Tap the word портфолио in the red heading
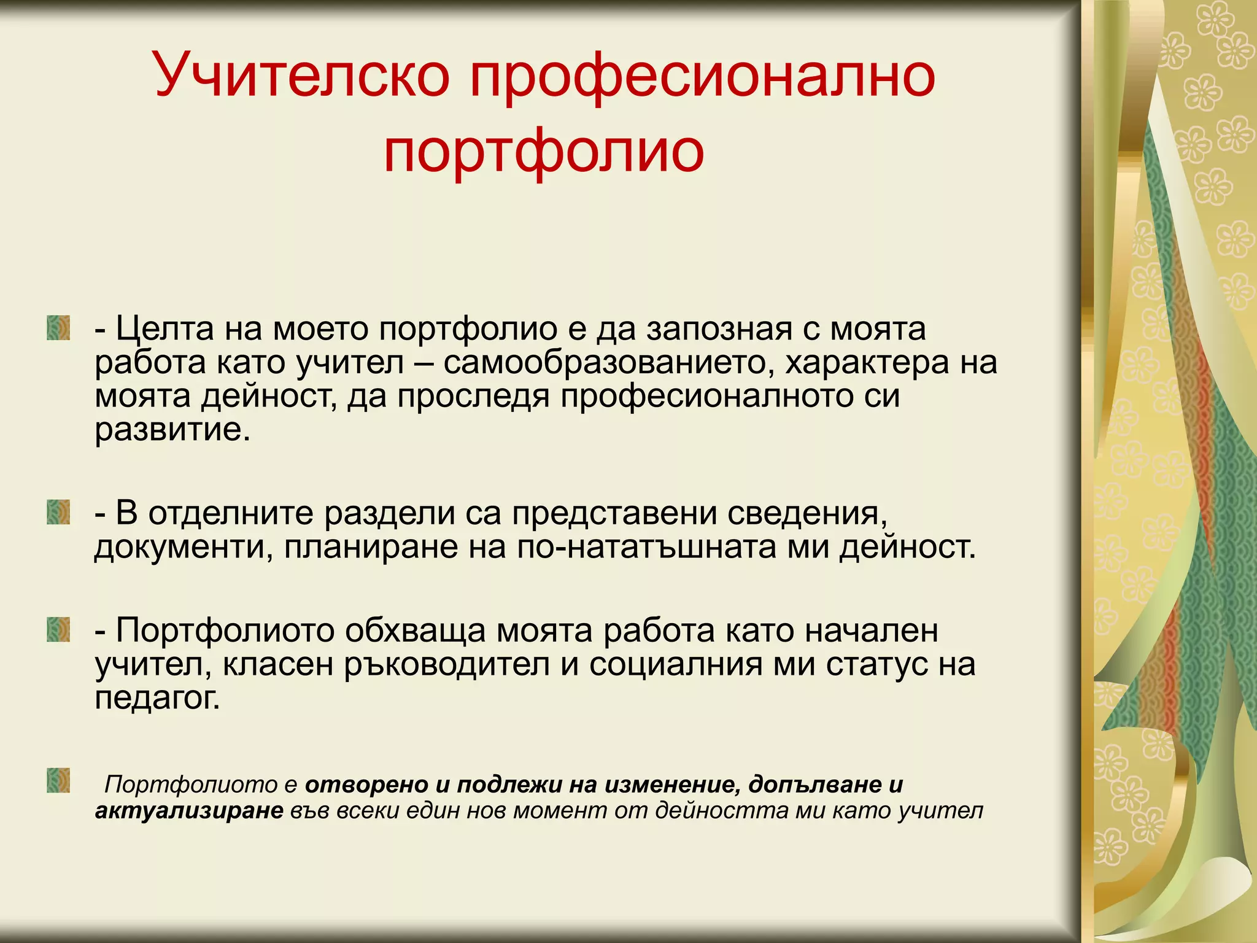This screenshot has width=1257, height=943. point(544,152)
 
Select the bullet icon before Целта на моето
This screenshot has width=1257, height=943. point(58,328)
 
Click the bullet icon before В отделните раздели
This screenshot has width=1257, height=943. point(58,512)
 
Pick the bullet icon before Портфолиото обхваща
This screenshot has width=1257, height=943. point(58,630)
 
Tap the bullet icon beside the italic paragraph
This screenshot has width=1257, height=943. point(58,780)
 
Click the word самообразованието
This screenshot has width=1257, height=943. point(605,362)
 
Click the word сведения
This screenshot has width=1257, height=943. point(806,513)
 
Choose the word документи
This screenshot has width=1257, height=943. point(183,547)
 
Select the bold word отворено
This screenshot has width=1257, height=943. point(366,785)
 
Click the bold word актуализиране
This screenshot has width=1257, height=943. point(189,810)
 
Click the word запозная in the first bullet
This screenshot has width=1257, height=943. point(719,329)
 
